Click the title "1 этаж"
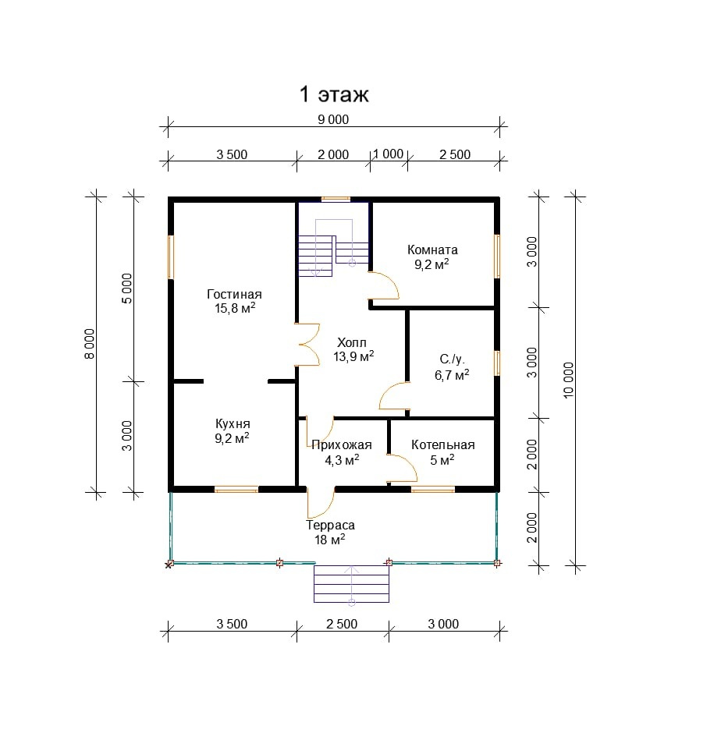click(x=334, y=95)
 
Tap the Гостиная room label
click(x=234, y=295)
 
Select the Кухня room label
click(x=233, y=423)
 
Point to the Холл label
click(x=350, y=342)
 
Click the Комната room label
click(x=432, y=250)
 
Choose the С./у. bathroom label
click(x=452, y=360)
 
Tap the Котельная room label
click(x=442, y=445)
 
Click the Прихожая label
click(x=341, y=445)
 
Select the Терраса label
click(x=330, y=526)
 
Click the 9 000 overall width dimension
click(x=333, y=119)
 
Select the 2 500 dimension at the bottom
click(x=342, y=624)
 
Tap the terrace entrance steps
click(x=351, y=584)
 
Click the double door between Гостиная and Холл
click(x=306, y=345)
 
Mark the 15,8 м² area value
click(x=234, y=309)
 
